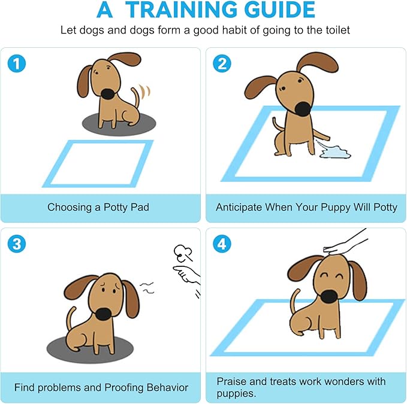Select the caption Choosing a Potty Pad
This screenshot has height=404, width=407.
pyautogui.click(x=98, y=208)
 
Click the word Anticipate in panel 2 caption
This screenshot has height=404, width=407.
pyautogui.click(x=242, y=208)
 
